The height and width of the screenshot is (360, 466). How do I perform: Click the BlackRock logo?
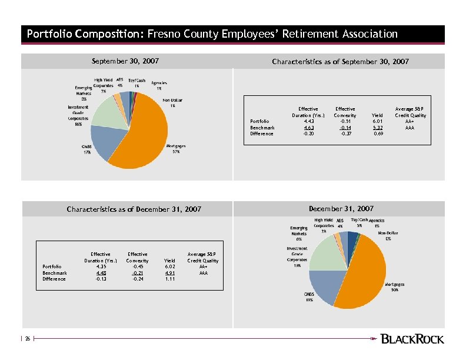click(x=412, y=339)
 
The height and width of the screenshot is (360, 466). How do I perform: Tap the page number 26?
click(x=27, y=339)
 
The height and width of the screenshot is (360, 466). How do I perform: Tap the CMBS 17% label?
click(x=86, y=149)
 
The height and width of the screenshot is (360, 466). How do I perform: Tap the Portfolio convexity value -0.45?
click(x=138, y=266)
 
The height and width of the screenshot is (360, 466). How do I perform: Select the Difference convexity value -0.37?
click(x=346, y=134)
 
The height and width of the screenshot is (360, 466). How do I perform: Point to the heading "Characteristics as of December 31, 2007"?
click(x=134, y=209)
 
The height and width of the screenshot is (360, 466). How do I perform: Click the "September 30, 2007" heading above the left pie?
click(x=125, y=61)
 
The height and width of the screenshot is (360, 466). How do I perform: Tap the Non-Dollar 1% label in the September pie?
click(x=172, y=103)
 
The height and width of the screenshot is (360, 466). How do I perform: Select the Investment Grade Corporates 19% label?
click(x=297, y=257)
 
